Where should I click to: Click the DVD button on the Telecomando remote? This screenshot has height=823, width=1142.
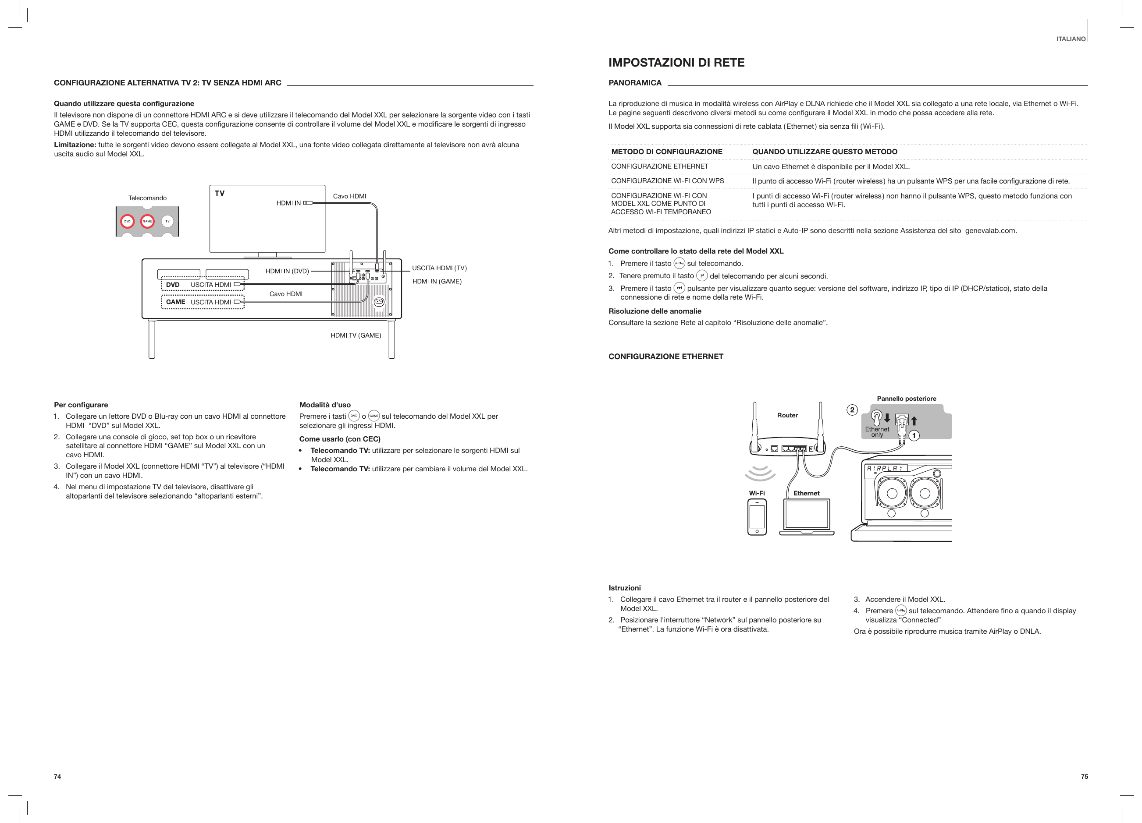(128, 221)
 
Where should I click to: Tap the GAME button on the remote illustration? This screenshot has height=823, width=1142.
(147, 221)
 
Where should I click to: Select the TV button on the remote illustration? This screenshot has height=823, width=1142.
(167, 221)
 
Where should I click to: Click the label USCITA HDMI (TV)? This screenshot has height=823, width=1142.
(439, 268)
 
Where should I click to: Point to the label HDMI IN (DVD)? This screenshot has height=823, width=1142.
(287, 272)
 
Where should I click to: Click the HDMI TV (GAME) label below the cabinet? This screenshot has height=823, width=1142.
(356, 336)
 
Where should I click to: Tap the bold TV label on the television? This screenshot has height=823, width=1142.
(220, 193)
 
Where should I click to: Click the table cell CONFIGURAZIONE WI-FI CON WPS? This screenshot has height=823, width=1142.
(667, 180)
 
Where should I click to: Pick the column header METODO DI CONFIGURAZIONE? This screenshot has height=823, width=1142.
(667, 152)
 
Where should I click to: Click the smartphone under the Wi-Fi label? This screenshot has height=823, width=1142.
(757, 517)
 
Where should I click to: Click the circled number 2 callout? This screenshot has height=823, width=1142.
(852, 410)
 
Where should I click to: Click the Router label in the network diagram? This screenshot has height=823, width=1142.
(787, 416)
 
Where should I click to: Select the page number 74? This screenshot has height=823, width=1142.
(57, 777)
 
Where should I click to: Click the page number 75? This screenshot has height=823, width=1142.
(1084, 777)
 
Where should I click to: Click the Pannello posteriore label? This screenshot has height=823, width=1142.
(906, 399)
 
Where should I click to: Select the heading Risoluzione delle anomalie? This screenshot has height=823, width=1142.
(655, 311)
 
